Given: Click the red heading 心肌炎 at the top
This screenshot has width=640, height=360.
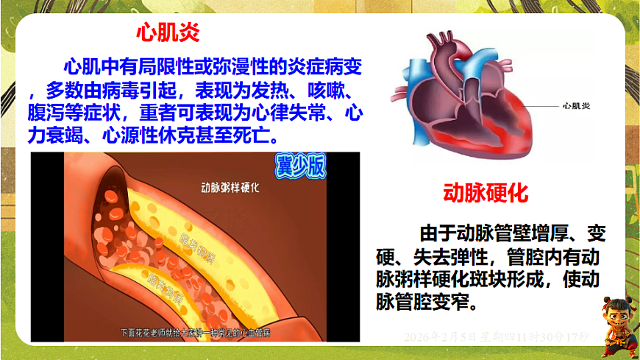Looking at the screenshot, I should pos(168,32).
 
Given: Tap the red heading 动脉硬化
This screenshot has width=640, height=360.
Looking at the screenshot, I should pos(486,194).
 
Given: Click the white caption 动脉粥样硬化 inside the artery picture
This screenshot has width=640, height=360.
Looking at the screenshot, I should pos(230,187).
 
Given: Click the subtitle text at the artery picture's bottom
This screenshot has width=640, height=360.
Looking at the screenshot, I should pos(195,333).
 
